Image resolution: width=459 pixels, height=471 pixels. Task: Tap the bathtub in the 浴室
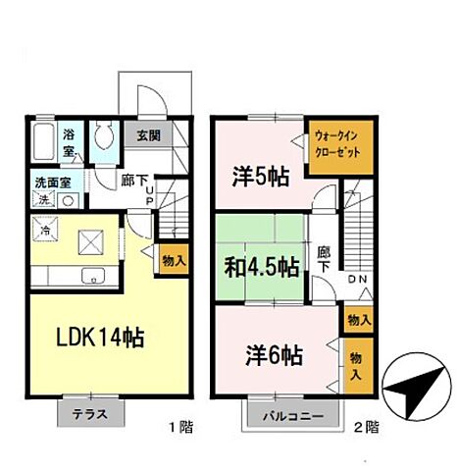coord(44,141)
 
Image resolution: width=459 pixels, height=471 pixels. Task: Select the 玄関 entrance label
coord(148,135)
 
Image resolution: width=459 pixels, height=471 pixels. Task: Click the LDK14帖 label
coord(100,338)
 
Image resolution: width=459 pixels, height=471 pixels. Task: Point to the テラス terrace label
coord(90,414)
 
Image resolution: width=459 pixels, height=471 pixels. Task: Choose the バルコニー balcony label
coord(293,416)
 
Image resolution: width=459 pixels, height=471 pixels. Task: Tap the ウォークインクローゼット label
coord(336,144)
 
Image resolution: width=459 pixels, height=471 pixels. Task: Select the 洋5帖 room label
coord(261,177)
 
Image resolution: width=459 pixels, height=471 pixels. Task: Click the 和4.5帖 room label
coord(262,267)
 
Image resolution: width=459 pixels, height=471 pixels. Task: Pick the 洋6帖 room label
coord(274,356)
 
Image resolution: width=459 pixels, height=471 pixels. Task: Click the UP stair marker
coord(149,195)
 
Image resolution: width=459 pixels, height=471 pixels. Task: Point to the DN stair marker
coord(358,280)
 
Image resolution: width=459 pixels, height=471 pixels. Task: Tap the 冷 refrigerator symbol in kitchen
coord(45,230)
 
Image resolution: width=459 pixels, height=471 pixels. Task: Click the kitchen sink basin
coord(93,277)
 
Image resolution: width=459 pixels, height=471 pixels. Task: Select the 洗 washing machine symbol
coord(44,200)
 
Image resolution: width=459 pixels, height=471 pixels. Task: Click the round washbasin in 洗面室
coord(68,200)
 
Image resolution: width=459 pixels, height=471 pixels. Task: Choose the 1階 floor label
coord(180,427)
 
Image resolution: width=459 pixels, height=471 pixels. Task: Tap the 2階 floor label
coord(367,427)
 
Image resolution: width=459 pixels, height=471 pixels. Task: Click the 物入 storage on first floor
coord(174,261)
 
